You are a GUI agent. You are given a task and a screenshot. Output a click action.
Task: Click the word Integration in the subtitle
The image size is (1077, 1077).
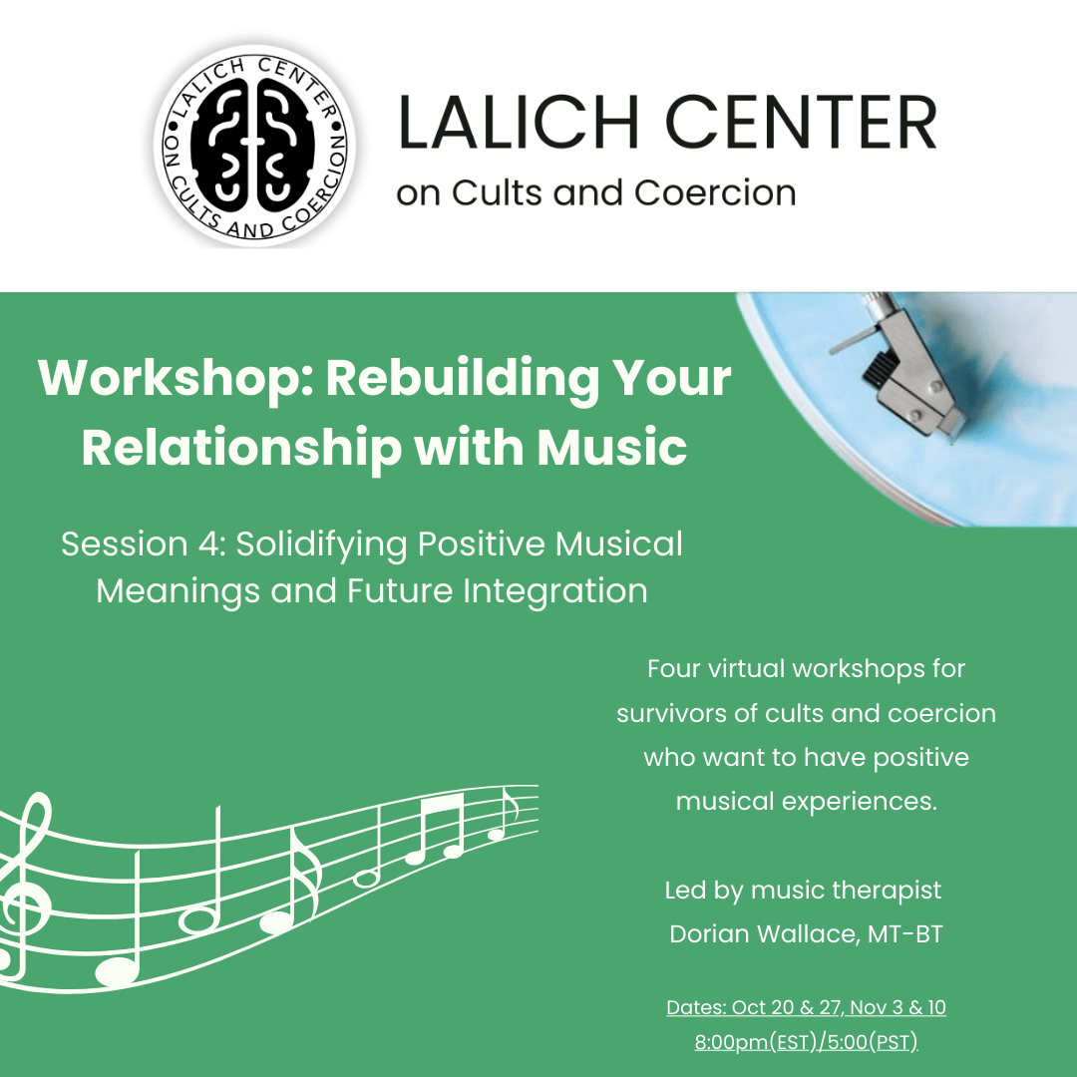click(x=555, y=591)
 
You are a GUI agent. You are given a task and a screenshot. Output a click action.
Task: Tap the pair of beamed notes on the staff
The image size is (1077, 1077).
click(x=436, y=828)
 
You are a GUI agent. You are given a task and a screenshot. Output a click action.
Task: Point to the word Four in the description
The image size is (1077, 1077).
click(x=674, y=668)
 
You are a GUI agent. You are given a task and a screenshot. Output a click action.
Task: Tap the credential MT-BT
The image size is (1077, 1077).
click(x=902, y=934)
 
